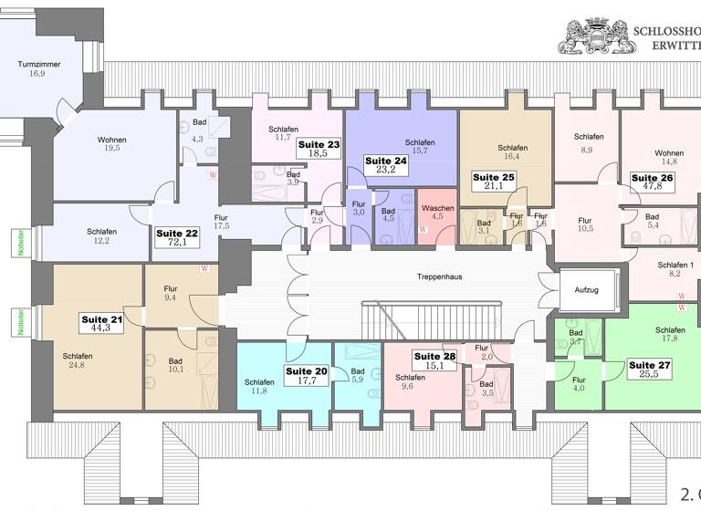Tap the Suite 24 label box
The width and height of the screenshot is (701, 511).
[384, 165]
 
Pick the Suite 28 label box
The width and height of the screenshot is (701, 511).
[434, 361]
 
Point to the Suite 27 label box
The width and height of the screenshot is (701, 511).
[649, 370]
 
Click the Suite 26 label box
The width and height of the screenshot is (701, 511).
[652, 182]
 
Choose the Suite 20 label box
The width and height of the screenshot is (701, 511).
[306, 376]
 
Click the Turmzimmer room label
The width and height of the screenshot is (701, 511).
[37, 68]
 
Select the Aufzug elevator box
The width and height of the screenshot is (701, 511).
[581, 289]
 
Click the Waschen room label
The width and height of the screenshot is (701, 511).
[436, 213]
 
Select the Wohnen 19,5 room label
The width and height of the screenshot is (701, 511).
[112, 144]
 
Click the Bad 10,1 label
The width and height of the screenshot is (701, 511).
[175, 364]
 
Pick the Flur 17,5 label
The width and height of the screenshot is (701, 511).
[221, 222]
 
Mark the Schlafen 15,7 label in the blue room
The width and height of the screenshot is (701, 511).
[420, 146]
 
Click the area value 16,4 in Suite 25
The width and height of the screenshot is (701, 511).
[513, 157]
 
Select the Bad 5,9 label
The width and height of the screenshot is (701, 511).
[356, 375]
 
